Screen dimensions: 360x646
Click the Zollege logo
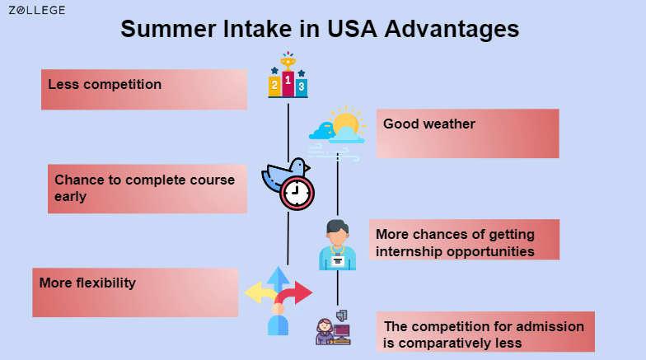37,10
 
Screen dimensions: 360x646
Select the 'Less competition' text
105,84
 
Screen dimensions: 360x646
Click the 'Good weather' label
429,124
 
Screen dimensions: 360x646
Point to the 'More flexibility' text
87,283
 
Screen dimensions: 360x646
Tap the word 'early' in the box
71,196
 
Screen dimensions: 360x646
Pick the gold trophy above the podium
288,61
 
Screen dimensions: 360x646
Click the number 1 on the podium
288,81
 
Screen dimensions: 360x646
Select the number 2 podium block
274,86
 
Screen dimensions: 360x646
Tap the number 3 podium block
302,86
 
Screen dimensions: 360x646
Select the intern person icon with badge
338,245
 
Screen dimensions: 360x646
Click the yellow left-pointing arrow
258,292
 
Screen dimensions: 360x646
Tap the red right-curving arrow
297,292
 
